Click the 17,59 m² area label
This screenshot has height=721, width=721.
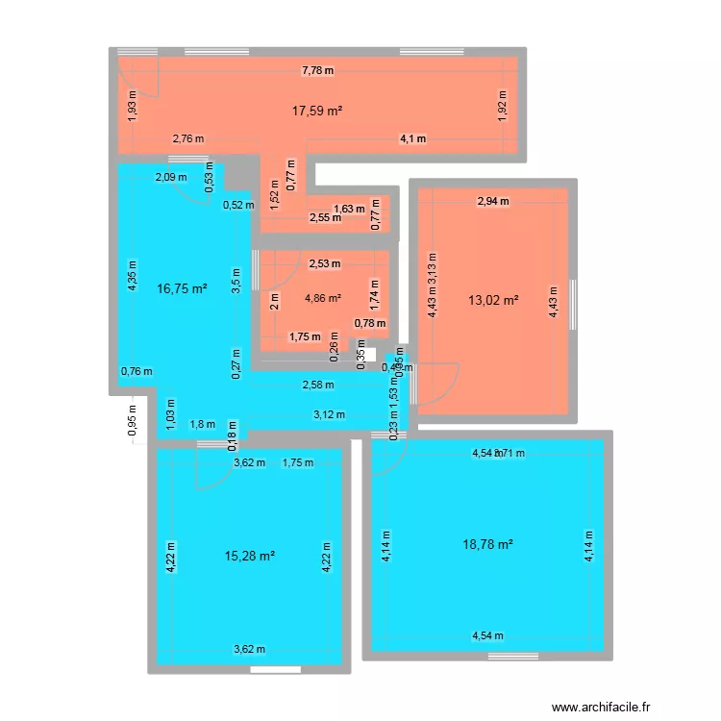click(317, 111)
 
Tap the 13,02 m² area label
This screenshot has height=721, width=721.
click(492, 299)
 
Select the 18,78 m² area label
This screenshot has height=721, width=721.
click(487, 544)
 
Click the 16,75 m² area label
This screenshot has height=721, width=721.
click(183, 287)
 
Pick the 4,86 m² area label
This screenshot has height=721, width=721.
click(322, 298)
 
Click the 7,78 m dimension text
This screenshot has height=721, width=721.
click(317, 69)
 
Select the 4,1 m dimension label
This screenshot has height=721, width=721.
click(413, 139)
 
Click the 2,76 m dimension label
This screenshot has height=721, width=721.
click(188, 139)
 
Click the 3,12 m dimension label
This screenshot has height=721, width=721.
click(329, 414)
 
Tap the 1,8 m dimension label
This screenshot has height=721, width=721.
click(202, 424)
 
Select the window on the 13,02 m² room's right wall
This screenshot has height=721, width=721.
click(573, 295)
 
